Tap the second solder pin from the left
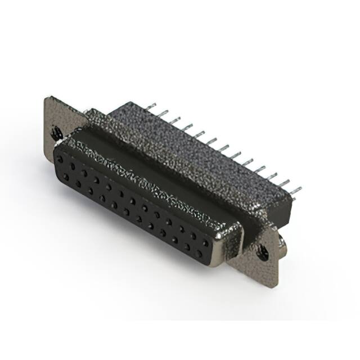point(174,120)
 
